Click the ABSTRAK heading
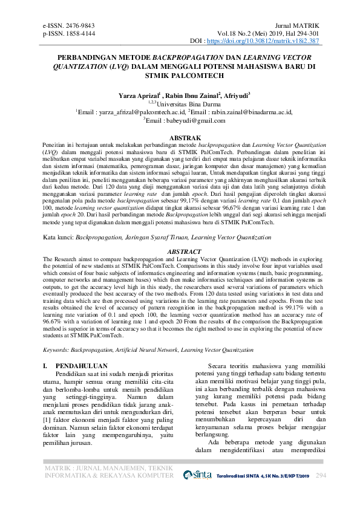pyautogui.click(x=180, y=138)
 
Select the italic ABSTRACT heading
pyautogui.click(x=180, y=250)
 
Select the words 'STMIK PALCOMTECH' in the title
pyautogui.click(x=180, y=76)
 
